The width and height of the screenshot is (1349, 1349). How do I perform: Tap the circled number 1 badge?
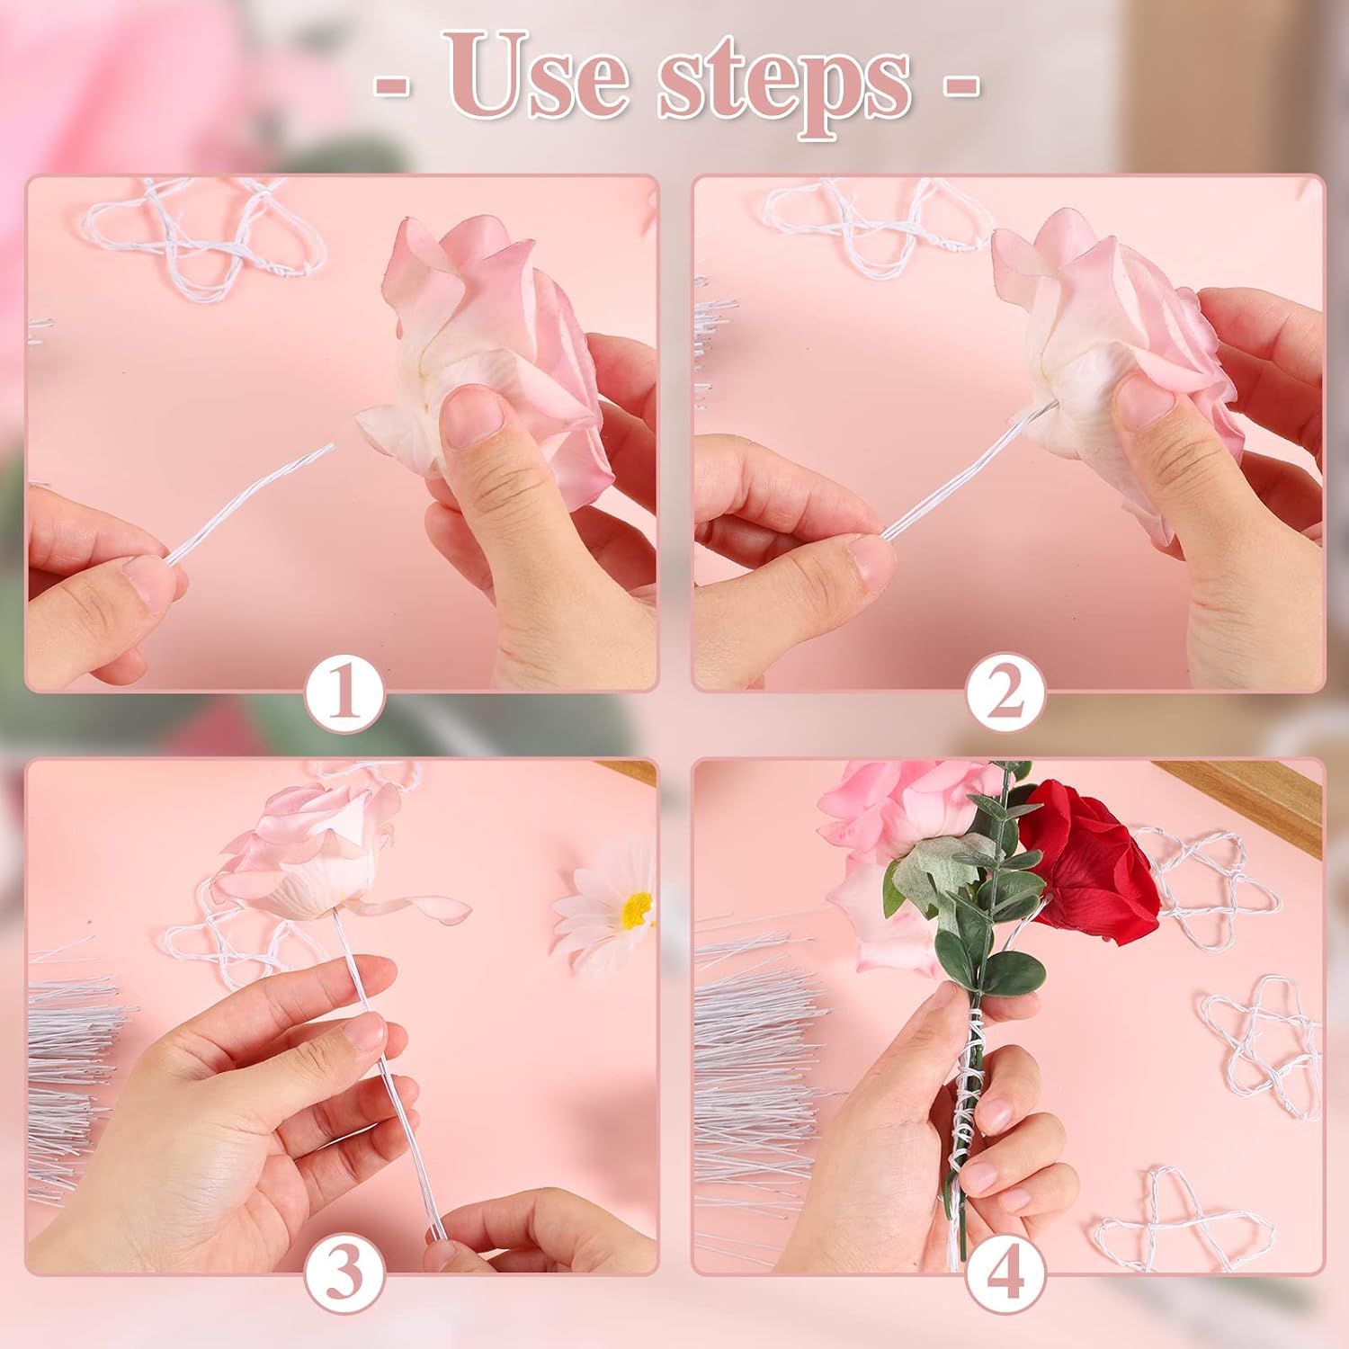345,693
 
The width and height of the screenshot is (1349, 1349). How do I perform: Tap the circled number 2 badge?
1006,693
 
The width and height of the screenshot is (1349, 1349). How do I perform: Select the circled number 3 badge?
345,1274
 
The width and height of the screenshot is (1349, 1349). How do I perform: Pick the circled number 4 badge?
1006,1274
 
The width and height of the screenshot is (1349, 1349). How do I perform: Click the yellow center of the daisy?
638,910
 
